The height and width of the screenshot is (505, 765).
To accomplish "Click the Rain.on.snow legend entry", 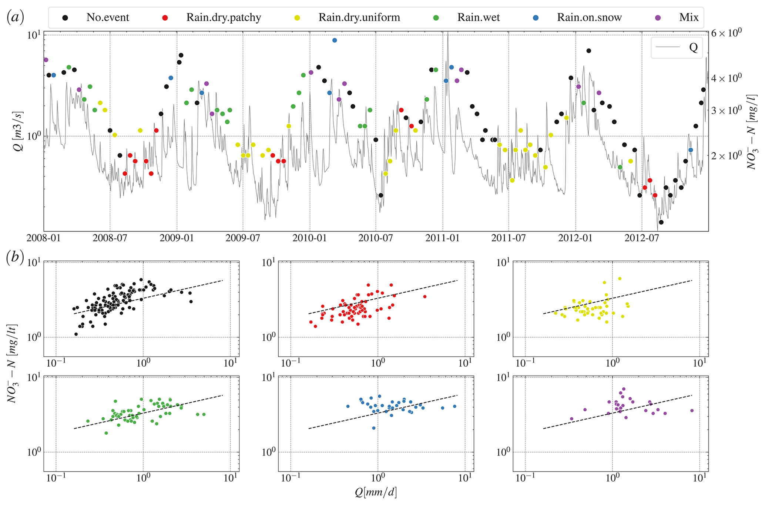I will [x=589, y=17].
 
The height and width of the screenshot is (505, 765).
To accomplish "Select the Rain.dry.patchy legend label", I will [x=224, y=17].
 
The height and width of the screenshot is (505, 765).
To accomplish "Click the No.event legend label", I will [x=108, y=17].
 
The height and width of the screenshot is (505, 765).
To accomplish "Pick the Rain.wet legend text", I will [x=478, y=17].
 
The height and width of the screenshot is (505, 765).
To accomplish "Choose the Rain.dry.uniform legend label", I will [x=359, y=17].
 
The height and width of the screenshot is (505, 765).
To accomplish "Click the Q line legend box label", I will [x=693, y=47].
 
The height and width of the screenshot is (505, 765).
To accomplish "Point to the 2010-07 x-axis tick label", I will [x=376, y=238].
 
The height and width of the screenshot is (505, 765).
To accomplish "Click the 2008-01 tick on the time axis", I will [x=44, y=238].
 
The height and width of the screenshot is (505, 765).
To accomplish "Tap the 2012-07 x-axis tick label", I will [x=642, y=238].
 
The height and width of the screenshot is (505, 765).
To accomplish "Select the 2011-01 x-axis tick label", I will [x=443, y=238].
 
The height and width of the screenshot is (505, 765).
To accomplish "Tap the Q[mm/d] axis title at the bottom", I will [x=376, y=492].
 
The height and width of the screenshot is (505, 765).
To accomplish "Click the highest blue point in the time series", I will [x=335, y=40].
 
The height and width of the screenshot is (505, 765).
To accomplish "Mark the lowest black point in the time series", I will [x=661, y=222].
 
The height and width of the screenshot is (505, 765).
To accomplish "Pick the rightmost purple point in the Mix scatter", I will [x=692, y=410].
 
